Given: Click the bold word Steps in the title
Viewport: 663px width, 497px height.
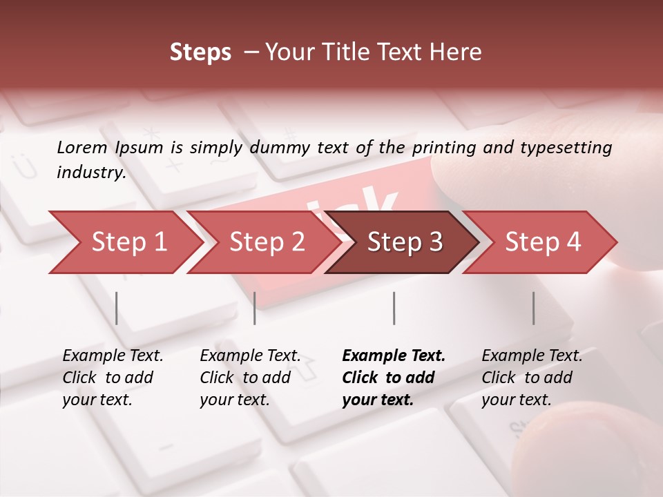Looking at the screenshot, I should coord(200,52).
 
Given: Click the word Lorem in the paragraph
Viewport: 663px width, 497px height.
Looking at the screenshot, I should coord(82,147).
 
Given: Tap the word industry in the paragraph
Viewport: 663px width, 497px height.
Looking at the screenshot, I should coord(91,172).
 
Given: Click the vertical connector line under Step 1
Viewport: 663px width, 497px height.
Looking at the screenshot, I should coord(117,308).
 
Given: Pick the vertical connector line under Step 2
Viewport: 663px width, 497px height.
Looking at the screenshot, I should coord(255,308).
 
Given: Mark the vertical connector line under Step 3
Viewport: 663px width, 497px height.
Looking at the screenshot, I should coord(394,308).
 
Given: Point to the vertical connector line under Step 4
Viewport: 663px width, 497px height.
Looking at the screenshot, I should coord(533,308).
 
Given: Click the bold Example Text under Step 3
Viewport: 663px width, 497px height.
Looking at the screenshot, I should coord(394,355).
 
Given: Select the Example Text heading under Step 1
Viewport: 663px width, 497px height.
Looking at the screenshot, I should coord(113,355).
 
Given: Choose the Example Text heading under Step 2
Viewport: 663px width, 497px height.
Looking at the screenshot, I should coord(250,355).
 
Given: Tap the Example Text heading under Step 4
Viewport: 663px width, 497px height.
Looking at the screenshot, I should coord(532,355).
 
